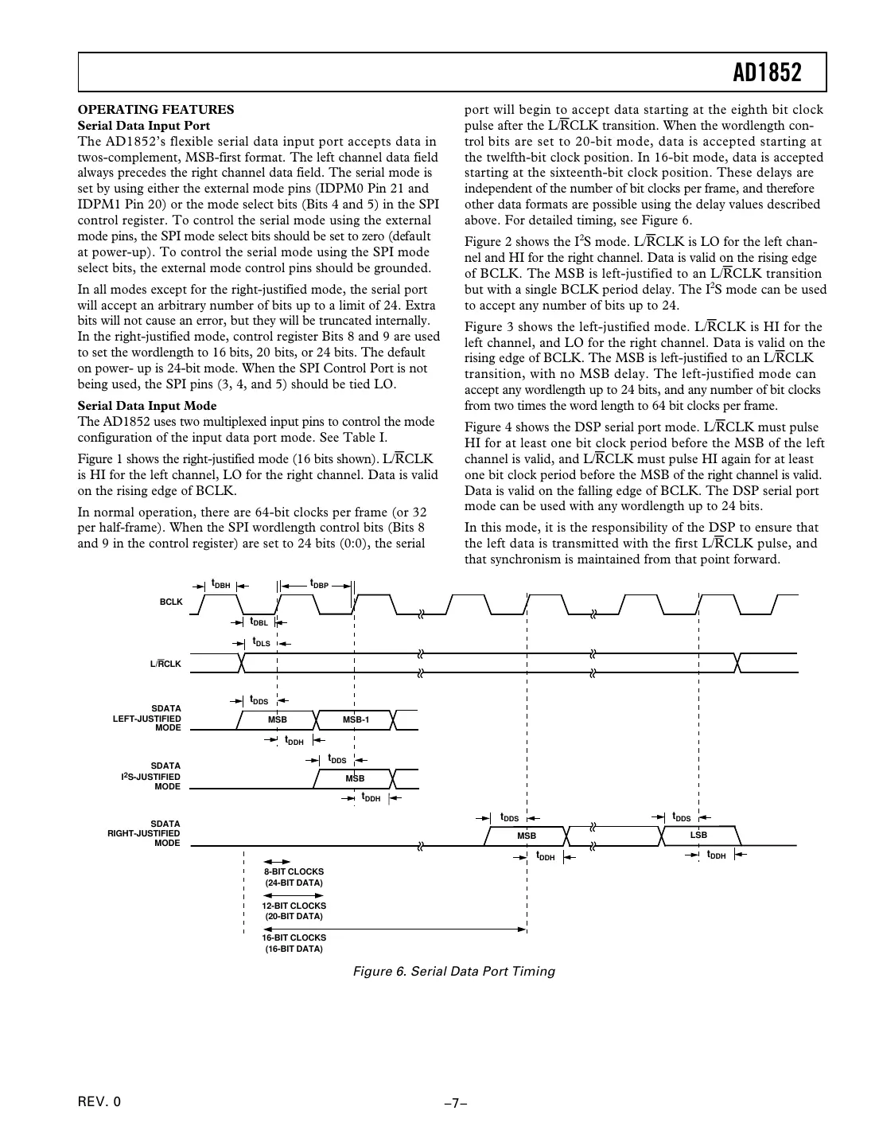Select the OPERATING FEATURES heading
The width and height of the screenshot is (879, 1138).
tap(156, 110)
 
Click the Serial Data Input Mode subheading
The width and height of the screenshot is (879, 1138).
tap(147, 406)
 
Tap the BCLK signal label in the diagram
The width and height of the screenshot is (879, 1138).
tap(171, 602)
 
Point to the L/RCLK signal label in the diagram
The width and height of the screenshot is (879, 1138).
tap(165, 664)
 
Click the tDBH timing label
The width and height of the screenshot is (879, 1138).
tap(220, 584)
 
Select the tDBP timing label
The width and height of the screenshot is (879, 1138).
tap(319, 584)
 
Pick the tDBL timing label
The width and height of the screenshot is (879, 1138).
tap(259, 622)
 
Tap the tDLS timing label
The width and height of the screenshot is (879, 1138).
tap(261, 641)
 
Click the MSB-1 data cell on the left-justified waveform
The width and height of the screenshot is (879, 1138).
tap(356, 719)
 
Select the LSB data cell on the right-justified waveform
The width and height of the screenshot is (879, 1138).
tap(698, 835)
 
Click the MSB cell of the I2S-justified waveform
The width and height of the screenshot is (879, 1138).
tap(355, 778)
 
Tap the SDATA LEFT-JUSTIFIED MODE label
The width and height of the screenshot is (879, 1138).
tap(147, 718)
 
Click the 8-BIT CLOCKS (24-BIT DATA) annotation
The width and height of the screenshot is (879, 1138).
tap(294, 877)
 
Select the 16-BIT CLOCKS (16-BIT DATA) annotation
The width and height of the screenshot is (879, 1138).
tap(294, 943)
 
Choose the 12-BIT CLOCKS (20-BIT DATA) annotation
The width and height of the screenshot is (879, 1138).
tap(294, 910)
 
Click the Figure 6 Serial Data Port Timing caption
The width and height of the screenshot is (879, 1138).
tap(454, 971)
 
